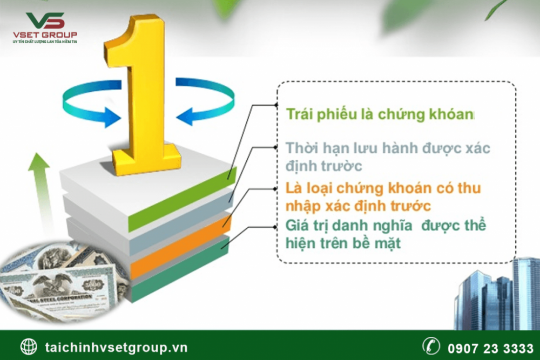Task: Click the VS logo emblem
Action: (45, 21)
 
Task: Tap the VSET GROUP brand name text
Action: (45, 35)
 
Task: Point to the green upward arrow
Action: (40, 193)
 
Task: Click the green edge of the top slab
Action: (183, 199)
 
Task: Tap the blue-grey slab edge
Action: (181, 223)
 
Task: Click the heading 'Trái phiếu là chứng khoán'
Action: (380, 114)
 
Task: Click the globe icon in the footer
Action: (29, 346)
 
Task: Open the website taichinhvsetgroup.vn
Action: (116, 347)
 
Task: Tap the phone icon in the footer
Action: (431, 345)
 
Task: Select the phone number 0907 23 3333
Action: (490, 348)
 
